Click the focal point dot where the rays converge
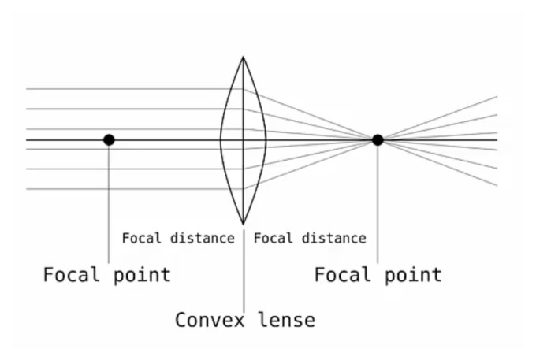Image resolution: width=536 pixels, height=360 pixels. pos(378,140)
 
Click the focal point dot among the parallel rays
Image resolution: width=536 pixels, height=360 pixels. pos(109,140)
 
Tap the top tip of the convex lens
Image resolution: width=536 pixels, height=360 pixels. pos(243,57)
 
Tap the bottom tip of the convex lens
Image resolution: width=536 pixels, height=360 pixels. pos(243,225)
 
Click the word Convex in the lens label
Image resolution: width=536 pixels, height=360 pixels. pos(210,320)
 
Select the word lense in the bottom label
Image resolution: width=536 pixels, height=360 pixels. pos(286,320)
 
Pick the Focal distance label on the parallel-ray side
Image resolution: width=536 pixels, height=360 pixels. pos(178,238)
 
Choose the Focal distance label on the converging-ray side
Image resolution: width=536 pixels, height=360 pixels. pos(310,238)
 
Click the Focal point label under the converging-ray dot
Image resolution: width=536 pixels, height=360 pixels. pos(378,275)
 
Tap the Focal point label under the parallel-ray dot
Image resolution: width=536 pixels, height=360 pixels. pos(106,275)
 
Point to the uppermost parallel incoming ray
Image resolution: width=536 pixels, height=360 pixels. pos(135,89)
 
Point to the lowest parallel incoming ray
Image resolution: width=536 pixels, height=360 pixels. pos(135,189)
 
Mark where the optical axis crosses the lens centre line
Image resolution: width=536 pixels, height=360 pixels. pos(243,140)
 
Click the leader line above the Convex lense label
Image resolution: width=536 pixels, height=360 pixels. pos(244,270)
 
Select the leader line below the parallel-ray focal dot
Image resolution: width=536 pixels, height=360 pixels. pos(109,204)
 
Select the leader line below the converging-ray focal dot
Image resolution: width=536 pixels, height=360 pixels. pos(378,204)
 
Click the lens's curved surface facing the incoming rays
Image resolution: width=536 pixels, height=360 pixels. pos(221,140)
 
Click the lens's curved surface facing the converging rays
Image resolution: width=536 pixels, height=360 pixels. pos(266,140)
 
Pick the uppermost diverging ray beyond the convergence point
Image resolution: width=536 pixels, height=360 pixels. pos(437,118)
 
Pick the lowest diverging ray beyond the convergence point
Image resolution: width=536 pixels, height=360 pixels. pos(437,162)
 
